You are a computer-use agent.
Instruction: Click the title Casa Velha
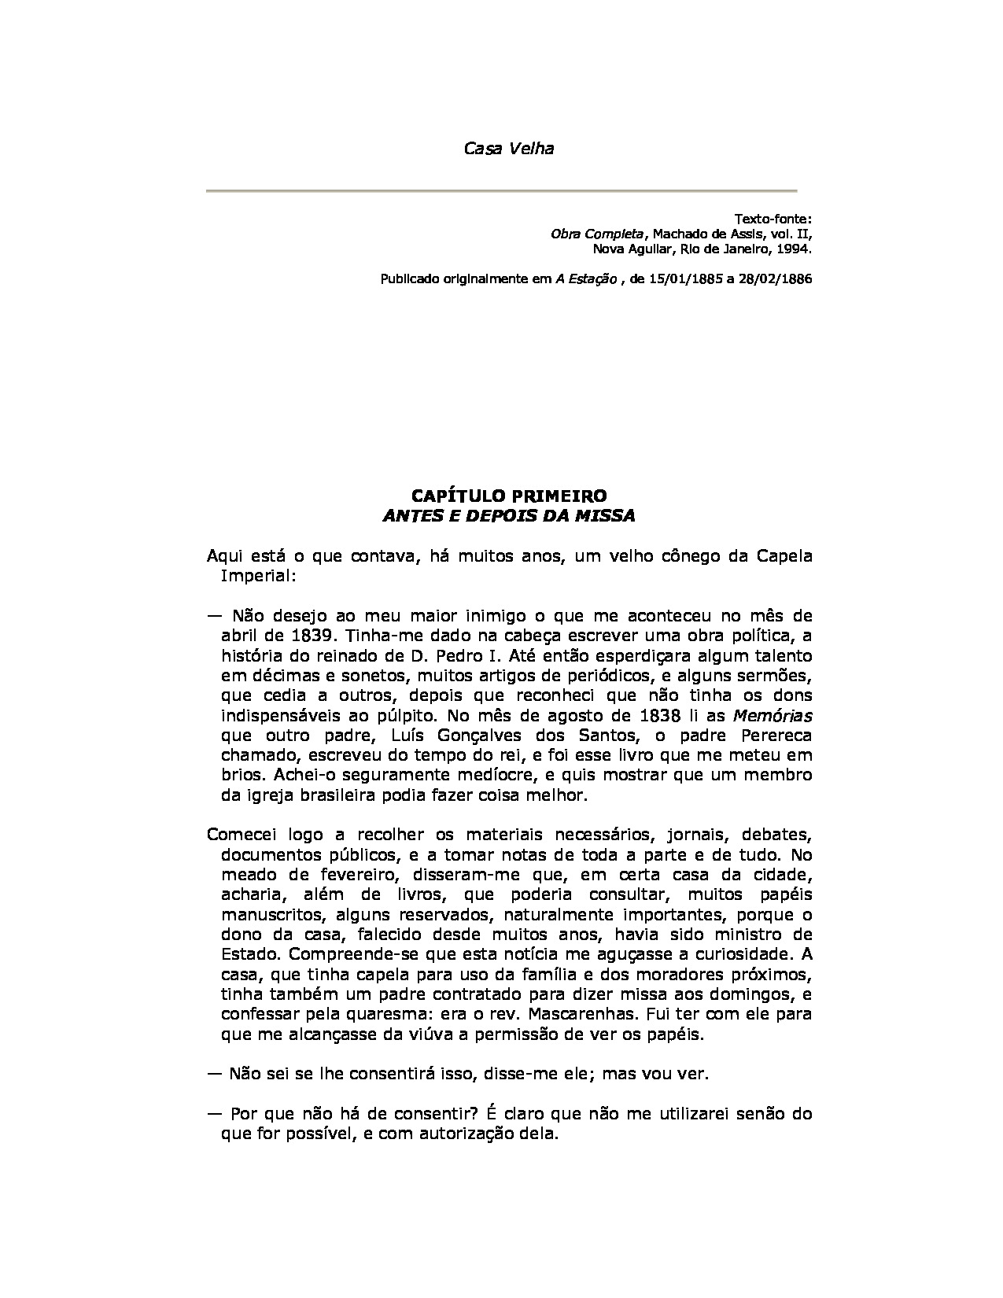tap(508, 148)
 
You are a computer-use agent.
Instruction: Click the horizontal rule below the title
tap(501, 191)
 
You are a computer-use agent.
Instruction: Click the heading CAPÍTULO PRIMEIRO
tap(509, 496)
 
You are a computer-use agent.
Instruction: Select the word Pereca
tap(776, 736)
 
